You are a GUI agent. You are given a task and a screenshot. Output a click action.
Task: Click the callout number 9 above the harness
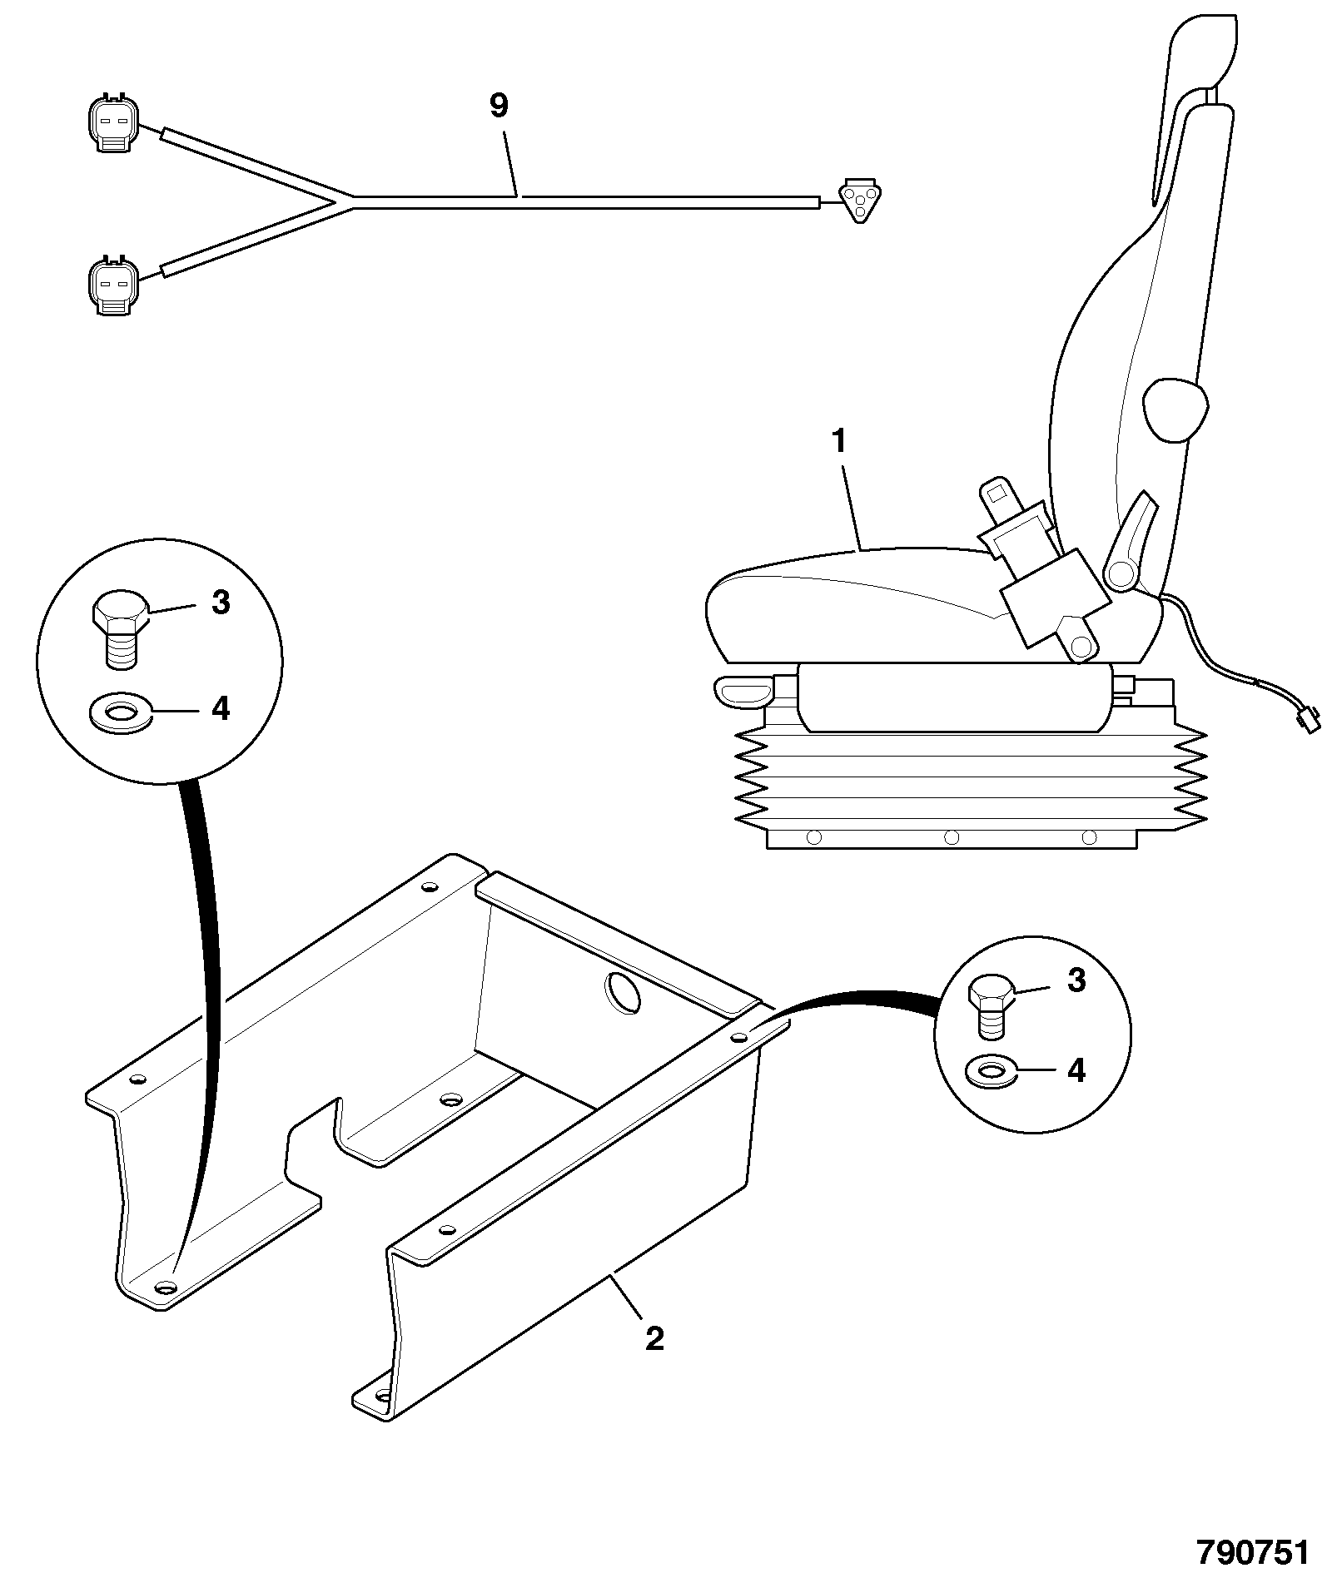[x=498, y=106]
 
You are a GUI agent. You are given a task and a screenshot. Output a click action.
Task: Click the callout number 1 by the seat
[x=840, y=441]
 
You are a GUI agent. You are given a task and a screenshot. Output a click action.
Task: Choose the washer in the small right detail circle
[x=991, y=1072]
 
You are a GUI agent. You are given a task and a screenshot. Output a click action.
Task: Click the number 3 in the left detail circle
[x=221, y=603]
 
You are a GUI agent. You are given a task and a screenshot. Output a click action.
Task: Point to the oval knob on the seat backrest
[x=1175, y=409]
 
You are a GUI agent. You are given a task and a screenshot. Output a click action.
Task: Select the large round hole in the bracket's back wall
[x=624, y=992]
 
